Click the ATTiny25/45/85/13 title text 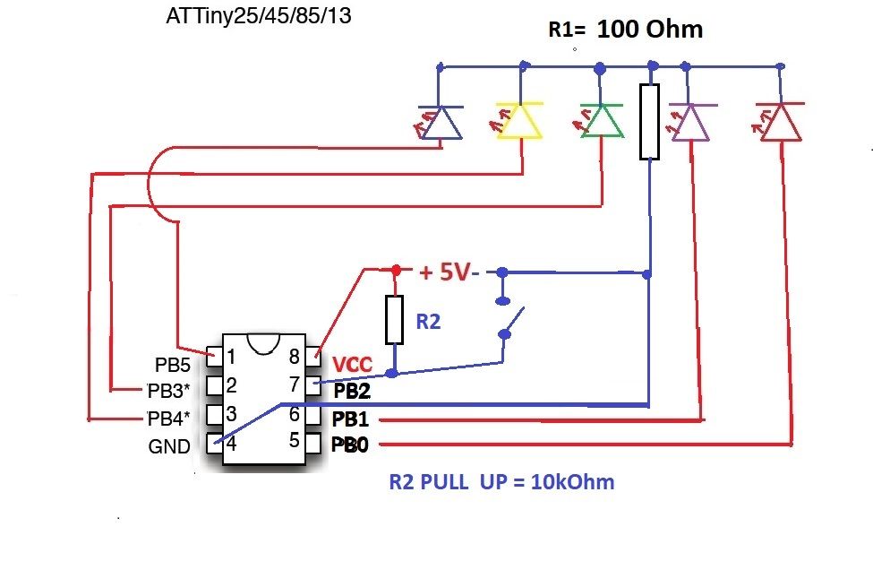[x=259, y=15]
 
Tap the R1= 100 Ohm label [x=625, y=29]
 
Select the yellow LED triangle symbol [x=519, y=120]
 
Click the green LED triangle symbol [x=602, y=120]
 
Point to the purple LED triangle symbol [x=691, y=122]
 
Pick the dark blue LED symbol [x=441, y=122]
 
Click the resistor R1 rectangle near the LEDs [x=649, y=122]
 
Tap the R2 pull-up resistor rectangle [x=394, y=319]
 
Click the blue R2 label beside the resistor [x=428, y=322]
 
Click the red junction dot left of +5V [x=396, y=271]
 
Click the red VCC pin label [x=352, y=365]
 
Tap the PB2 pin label [x=352, y=392]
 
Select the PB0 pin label [x=349, y=445]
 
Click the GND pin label [x=169, y=446]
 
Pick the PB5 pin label [x=173, y=365]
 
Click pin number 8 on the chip [x=295, y=356]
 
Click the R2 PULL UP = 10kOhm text [x=501, y=482]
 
